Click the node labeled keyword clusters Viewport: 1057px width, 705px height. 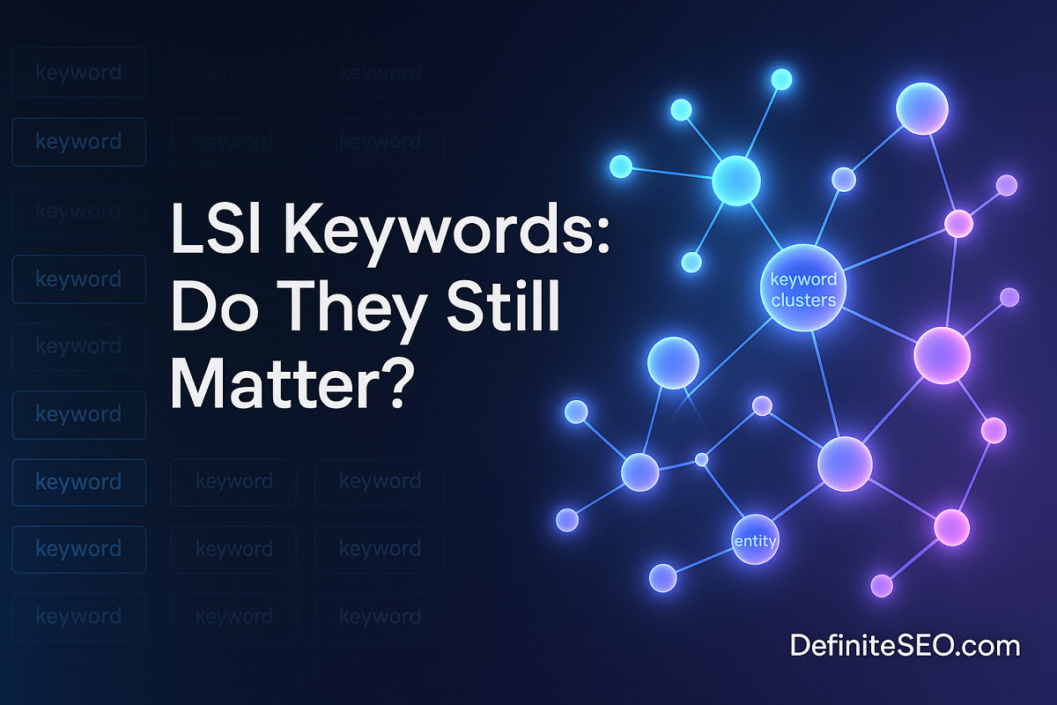pos(802,287)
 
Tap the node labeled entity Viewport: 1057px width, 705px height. pos(755,539)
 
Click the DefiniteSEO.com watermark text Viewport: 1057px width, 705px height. pos(905,645)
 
